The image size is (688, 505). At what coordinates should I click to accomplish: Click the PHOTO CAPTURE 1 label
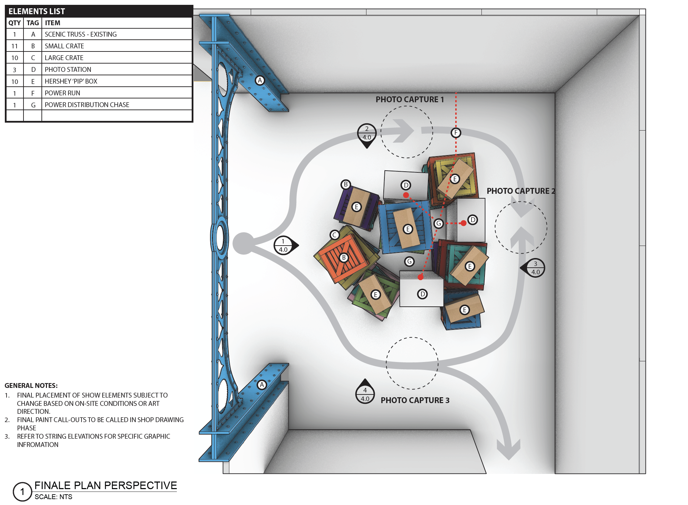pos(410,99)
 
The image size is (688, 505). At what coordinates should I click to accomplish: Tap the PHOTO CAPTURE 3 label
pos(415,400)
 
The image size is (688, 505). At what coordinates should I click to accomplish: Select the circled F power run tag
pos(456,133)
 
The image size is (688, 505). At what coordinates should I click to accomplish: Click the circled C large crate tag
pos(334,235)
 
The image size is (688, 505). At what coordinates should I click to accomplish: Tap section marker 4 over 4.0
pos(365,392)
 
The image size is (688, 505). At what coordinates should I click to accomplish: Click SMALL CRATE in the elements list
pos(64,46)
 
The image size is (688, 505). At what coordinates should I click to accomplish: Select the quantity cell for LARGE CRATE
pos(15,58)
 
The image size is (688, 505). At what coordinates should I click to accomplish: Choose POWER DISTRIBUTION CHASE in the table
pos(87,105)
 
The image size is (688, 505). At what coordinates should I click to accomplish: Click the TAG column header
pos(33,23)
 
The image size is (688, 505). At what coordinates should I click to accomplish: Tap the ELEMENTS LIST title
pos(37,11)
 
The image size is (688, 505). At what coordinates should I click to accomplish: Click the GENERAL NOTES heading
pos(31,385)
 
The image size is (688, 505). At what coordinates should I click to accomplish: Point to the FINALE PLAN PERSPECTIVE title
pos(106,485)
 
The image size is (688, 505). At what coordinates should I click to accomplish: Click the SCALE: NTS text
pos(54,497)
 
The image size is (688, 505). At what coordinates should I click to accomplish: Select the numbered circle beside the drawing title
pos(22,492)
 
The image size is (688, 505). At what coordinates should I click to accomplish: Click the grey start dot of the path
pos(244,244)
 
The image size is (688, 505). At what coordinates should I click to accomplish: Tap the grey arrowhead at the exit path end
pos(508,449)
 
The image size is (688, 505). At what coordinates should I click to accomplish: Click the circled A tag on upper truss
pos(260,80)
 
